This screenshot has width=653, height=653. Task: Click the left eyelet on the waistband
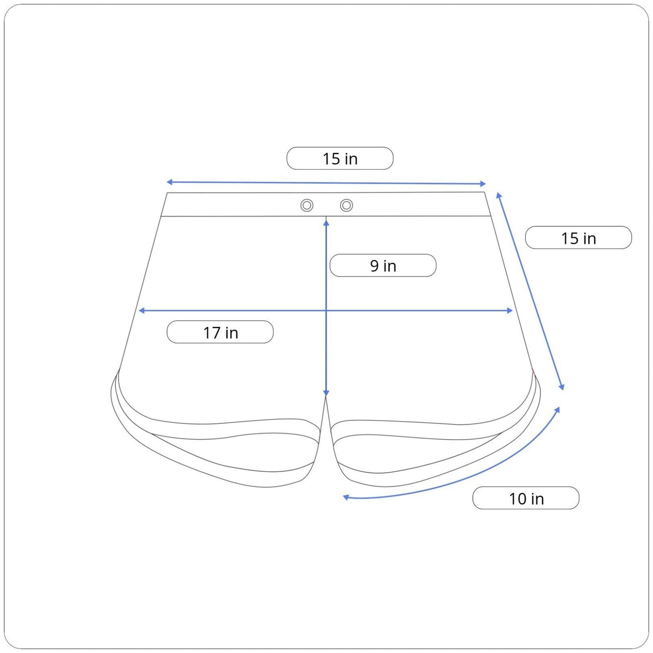tap(307, 205)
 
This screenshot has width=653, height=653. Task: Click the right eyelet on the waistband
tap(346, 205)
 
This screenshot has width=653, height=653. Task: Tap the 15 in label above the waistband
tap(340, 158)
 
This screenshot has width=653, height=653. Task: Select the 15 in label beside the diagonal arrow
tap(578, 238)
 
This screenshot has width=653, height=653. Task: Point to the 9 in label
tap(383, 266)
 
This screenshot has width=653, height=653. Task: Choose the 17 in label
tap(220, 332)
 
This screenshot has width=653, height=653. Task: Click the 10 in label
tap(526, 498)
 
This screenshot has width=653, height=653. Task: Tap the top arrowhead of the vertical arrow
tap(326, 223)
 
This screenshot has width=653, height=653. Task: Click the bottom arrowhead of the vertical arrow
tap(326, 393)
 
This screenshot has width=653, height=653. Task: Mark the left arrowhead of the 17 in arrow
tap(142, 310)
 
